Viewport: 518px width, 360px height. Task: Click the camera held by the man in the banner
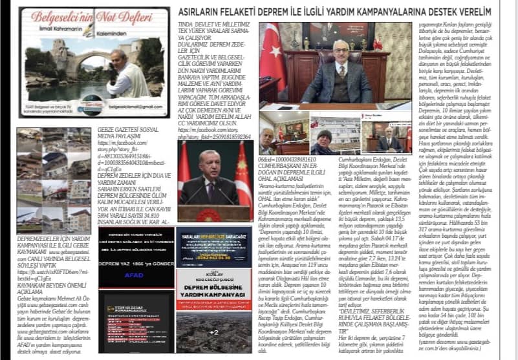[113, 69]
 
